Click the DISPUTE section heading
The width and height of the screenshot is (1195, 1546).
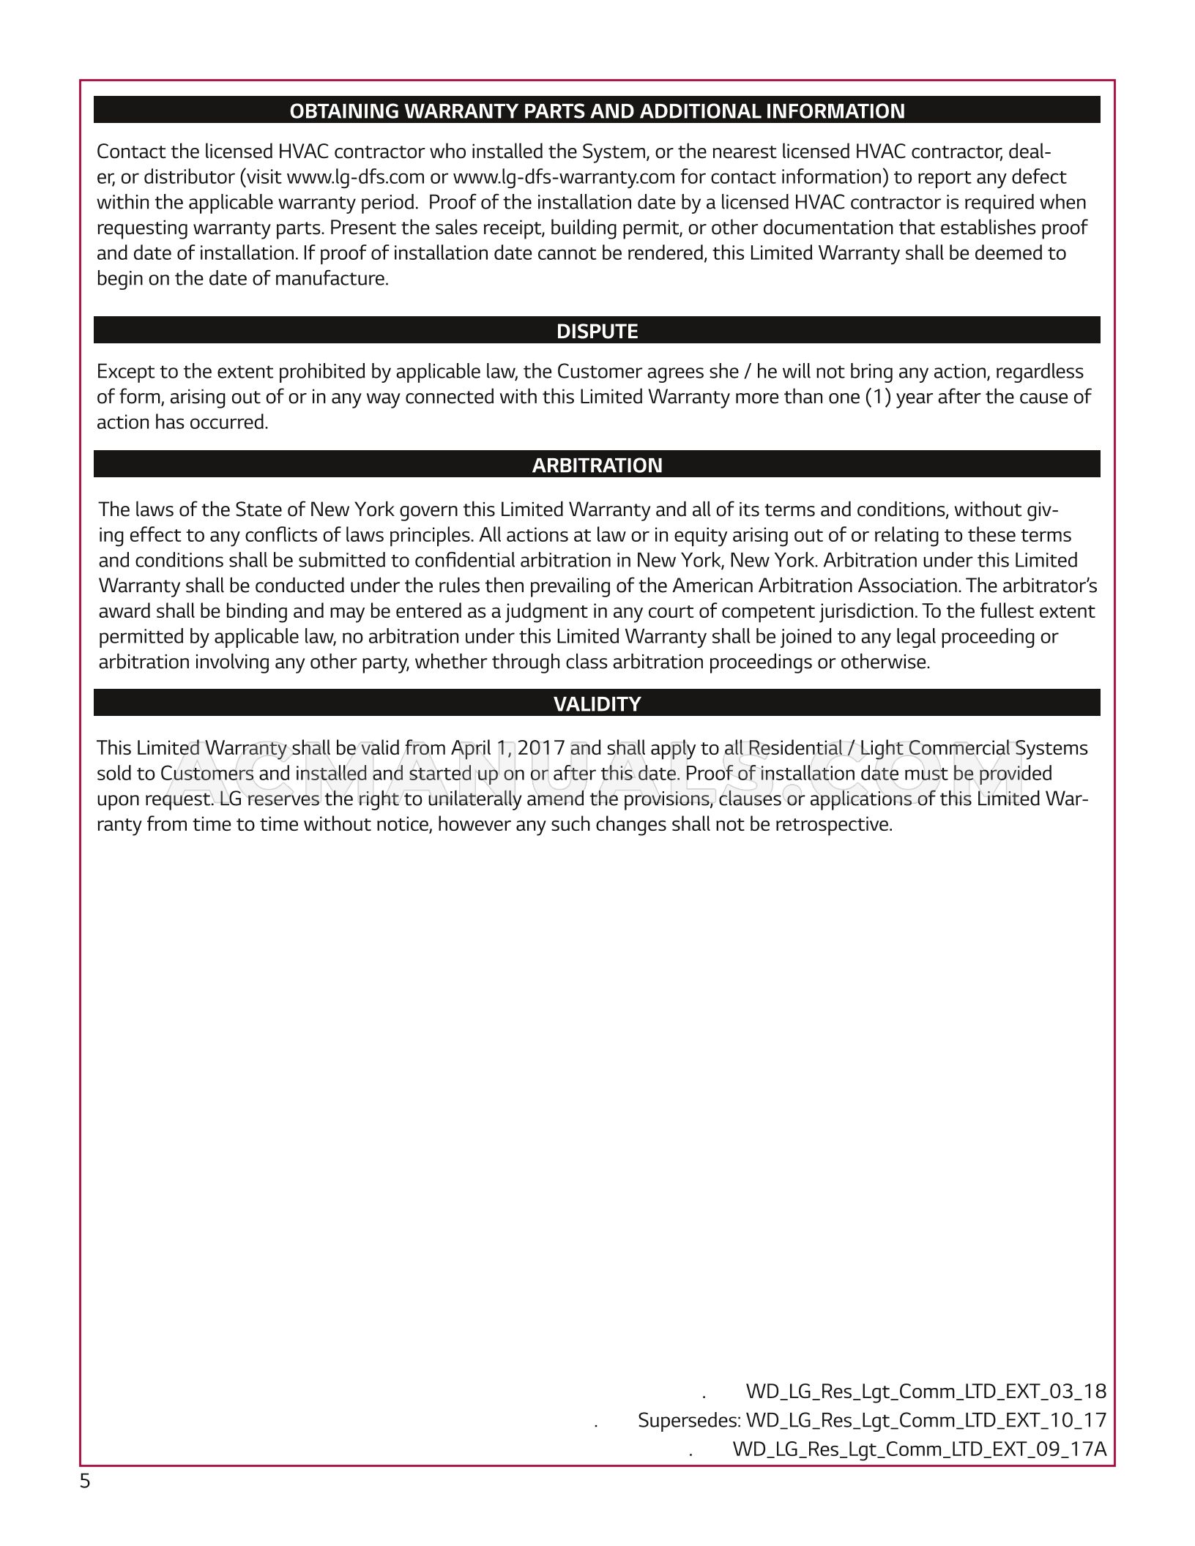pyautogui.click(x=597, y=332)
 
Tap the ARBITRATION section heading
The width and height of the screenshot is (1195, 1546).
pyautogui.click(x=597, y=466)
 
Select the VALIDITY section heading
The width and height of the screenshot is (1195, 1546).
pyautogui.click(x=597, y=704)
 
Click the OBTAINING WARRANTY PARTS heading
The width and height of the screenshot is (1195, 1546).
pyautogui.click(x=597, y=111)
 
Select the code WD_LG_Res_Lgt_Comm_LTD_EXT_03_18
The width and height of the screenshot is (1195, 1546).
pyautogui.click(x=926, y=1391)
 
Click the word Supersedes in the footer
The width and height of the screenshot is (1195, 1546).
pyautogui.click(x=688, y=1420)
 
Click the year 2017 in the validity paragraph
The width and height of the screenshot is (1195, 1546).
pyautogui.click(x=540, y=748)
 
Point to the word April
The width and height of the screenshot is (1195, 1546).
pyautogui.click(x=470, y=748)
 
